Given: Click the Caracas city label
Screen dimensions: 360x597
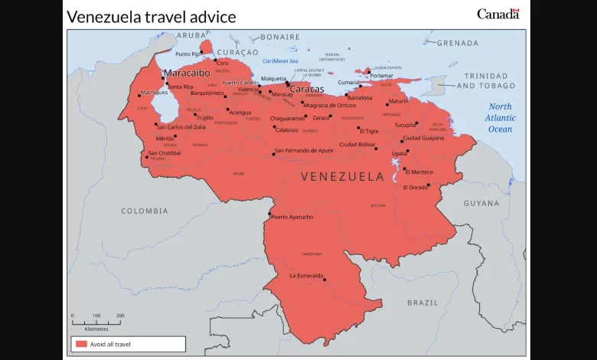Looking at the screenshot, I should tap(306, 89).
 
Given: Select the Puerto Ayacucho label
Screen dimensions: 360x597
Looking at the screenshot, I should tap(292, 217).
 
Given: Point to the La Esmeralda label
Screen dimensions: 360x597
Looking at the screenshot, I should tap(306, 276).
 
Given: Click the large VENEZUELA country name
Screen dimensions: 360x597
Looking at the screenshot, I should tap(342, 177).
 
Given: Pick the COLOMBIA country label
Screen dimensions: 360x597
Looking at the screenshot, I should tap(144, 211).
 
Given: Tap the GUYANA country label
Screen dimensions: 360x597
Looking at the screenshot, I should tap(481, 204).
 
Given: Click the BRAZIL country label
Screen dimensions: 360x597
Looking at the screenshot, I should tap(422, 303).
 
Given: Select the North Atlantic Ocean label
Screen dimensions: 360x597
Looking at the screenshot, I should tap(501, 118).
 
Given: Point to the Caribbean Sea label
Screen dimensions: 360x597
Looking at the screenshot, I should tap(280, 61).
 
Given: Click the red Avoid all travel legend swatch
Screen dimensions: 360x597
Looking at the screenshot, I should tap(81, 344).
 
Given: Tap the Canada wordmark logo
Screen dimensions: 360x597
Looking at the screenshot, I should tap(497, 14).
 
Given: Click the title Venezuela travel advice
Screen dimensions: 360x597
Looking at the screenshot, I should tap(151, 17).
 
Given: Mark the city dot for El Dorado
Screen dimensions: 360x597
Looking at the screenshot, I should tap(429, 185).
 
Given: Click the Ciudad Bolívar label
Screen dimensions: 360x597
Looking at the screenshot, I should tap(357, 144).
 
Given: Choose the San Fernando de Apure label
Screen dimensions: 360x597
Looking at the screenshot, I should tap(304, 150).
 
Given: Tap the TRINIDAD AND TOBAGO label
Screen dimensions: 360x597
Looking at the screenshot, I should tap(486, 80).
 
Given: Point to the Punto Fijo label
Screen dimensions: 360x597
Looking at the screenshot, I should tap(188, 54).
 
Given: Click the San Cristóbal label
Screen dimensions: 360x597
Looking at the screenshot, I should tap(165, 153).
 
